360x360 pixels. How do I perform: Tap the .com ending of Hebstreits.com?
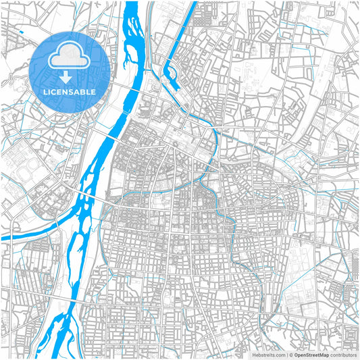278,354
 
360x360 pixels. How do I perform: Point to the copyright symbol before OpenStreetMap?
290,354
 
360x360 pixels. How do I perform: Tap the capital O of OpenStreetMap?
296,354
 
